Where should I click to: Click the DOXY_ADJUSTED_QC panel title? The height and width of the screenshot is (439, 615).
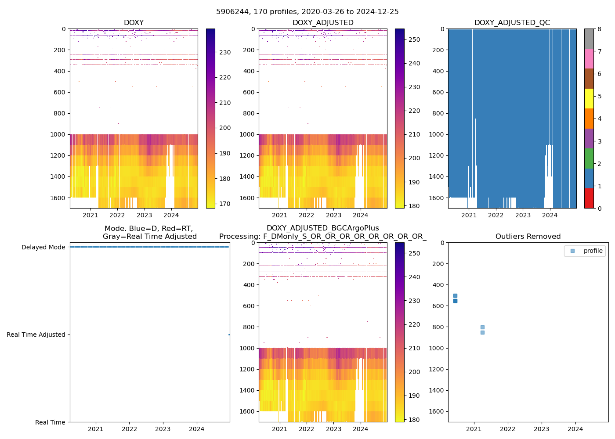512,23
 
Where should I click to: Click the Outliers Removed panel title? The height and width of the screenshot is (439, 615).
528,237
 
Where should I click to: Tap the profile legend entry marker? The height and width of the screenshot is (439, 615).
572,251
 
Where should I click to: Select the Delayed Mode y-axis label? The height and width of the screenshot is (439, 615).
43,247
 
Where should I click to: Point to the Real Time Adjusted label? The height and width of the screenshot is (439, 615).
36,335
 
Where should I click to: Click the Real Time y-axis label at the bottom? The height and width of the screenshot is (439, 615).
50,422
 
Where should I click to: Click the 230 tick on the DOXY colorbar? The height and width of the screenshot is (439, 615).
225,52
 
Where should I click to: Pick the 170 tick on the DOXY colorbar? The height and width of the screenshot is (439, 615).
225,204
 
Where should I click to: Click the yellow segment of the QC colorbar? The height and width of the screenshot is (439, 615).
589,98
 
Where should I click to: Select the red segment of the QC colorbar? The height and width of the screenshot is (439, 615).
589,198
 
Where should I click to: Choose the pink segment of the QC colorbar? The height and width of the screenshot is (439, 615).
589,58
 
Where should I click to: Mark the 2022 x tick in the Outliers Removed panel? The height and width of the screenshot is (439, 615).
507,429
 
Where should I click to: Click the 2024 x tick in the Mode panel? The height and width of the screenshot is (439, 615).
197,429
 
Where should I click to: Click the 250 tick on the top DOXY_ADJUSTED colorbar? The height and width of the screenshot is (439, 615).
414,40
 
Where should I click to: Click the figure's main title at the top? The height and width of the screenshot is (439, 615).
307,12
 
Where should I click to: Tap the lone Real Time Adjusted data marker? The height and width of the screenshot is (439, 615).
229,335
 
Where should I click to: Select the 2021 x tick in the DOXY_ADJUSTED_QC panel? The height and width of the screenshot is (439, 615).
469,215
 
